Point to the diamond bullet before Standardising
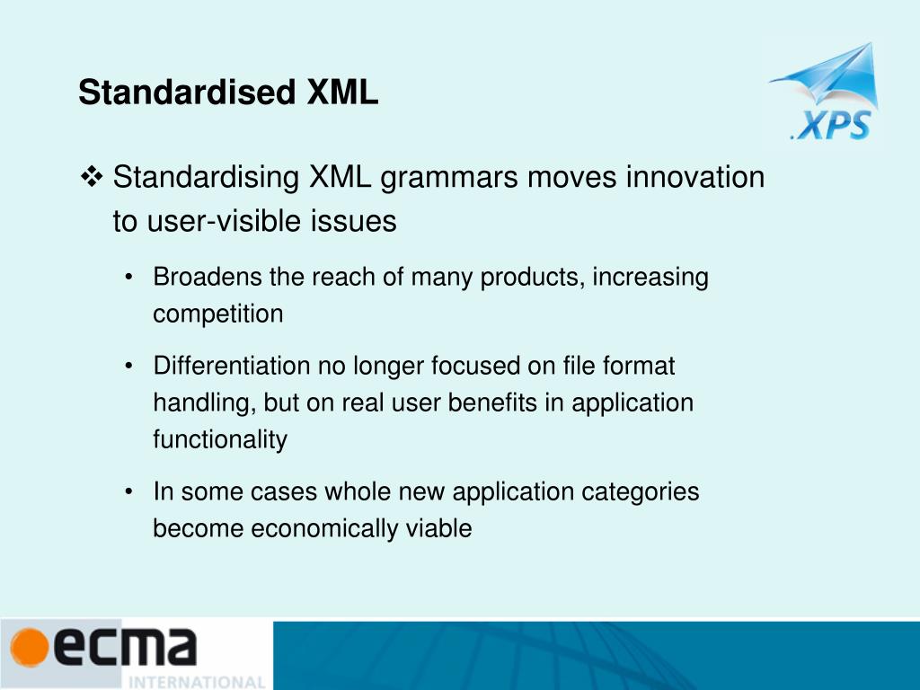click(92, 177)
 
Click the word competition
click(217, 314)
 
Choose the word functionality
click(220, 440)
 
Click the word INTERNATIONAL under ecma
click(198, 681)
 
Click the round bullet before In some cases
click(131, 492)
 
